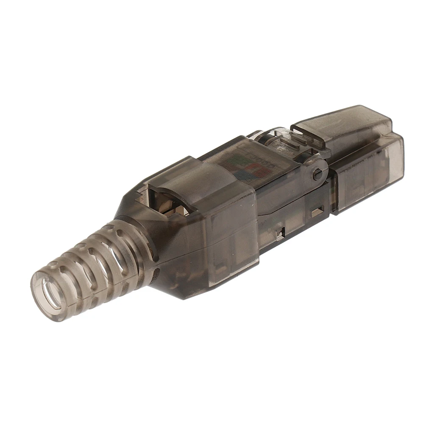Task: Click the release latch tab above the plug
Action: [x=339, y=123]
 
